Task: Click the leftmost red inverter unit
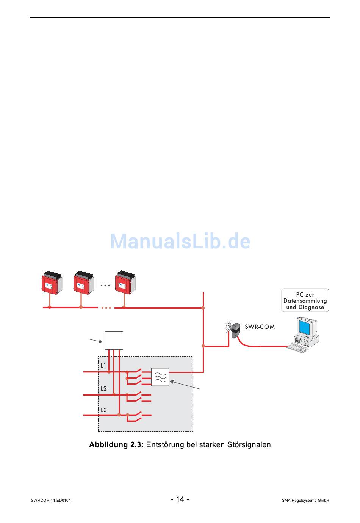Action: [51, 283]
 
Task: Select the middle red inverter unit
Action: [83, 283]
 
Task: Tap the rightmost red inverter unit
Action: [125, 283]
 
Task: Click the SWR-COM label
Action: [260, 327]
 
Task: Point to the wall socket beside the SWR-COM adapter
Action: [228, 326]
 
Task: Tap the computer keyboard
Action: [298, 347]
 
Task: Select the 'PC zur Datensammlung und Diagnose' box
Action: [305, 301]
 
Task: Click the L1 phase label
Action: [103, 366]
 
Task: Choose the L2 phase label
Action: [104, 388]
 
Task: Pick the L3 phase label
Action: [104, 410]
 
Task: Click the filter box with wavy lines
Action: [160, 377]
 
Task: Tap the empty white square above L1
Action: [114, 340]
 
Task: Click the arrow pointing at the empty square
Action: [95, 340]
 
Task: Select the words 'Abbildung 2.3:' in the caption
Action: [116, 444]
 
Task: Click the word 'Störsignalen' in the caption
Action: [249, 444]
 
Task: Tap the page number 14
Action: [180, 499]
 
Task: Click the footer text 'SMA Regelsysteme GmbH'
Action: [305, 501]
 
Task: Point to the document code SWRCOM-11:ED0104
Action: [51, 501]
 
